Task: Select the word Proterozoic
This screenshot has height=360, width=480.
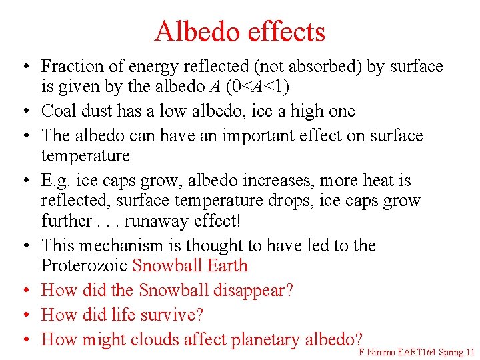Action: [85, 265]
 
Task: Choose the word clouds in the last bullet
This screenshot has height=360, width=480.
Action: [155, 339]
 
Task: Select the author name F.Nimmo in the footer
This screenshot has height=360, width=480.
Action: [378, 352]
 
